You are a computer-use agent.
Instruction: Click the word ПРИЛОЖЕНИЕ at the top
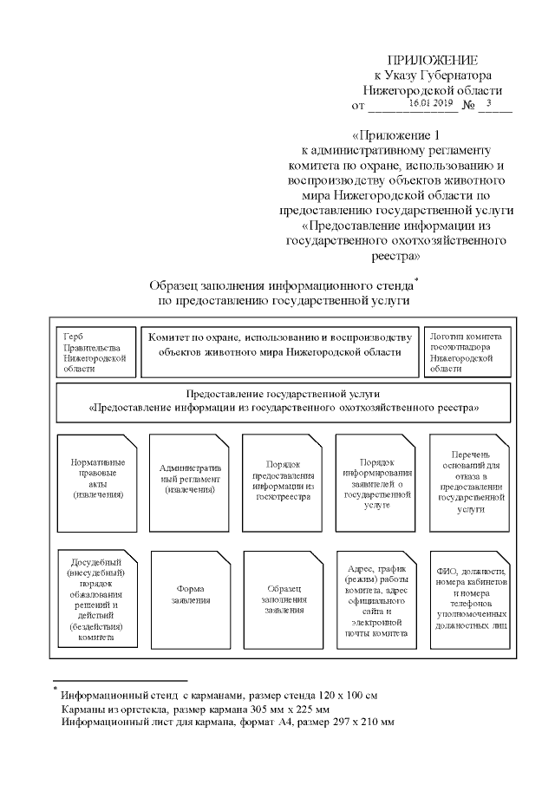click(432, 60)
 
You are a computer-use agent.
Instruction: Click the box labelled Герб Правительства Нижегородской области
click(95, 351)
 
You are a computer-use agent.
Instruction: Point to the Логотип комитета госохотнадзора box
click(466, 351)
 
